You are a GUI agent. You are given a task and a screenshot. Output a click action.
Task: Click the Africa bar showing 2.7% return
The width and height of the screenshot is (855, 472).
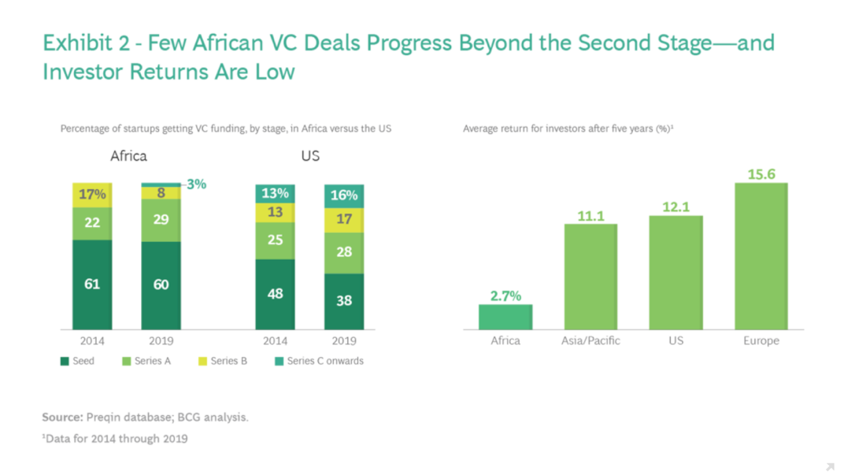pos(505,317)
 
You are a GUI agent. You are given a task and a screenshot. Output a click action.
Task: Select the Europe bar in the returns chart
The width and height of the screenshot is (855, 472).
pos(761,256)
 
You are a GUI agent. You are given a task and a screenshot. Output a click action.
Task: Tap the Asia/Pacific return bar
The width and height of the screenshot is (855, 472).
pos(590,277)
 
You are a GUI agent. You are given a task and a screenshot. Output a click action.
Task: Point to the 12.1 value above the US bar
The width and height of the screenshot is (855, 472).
pos(675,206)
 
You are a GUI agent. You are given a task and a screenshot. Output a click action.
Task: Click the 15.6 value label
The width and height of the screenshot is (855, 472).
pos(761,174)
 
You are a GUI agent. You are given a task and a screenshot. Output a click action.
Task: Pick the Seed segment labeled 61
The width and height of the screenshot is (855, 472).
pos(92,284)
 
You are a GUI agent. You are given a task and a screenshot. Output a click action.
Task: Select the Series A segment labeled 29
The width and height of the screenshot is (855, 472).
pos(161,220)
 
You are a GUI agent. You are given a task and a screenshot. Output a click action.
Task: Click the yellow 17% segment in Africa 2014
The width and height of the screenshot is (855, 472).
pos(92,195)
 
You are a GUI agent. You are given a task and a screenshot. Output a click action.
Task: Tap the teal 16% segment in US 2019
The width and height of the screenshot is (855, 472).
pos(343,196)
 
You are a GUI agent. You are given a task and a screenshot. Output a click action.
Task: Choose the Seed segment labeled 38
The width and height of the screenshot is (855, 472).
pos(343,301)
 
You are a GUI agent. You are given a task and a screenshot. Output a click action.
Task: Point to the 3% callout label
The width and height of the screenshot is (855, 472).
pos(196,184)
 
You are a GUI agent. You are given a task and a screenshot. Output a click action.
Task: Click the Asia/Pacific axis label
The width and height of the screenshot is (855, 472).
pos(590,341)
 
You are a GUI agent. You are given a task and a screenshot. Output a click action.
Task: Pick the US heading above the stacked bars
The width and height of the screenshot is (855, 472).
pos(310,155)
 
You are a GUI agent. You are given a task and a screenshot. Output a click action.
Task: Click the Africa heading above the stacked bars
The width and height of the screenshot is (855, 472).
pos(128,155)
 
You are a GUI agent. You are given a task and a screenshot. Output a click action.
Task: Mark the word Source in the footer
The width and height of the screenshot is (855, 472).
pos(62,417)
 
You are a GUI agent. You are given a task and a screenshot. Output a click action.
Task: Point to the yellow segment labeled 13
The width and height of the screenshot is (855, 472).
pos(275,212)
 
